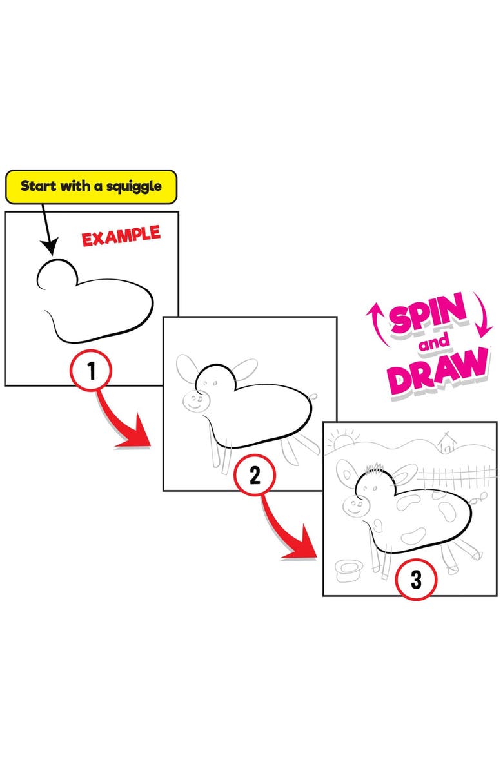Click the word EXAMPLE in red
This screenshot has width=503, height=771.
(x=121, y=236)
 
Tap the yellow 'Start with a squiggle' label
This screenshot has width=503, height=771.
(x=91, y=187)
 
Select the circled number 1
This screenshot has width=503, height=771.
(x=91, y=370)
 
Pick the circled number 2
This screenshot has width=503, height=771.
(x=254, y=475)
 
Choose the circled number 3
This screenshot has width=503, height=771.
(x=416, y=580)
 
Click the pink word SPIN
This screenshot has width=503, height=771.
(x=428, y=315)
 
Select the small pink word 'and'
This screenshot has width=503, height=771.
(x=435, y=342)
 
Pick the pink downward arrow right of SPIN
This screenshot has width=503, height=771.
(x=483, y=315)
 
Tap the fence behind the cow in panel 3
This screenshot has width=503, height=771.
(x=457, y=477)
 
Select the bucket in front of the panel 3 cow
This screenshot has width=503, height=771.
(x=349, y=571)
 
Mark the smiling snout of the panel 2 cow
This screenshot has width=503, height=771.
(x=196, y=401)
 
